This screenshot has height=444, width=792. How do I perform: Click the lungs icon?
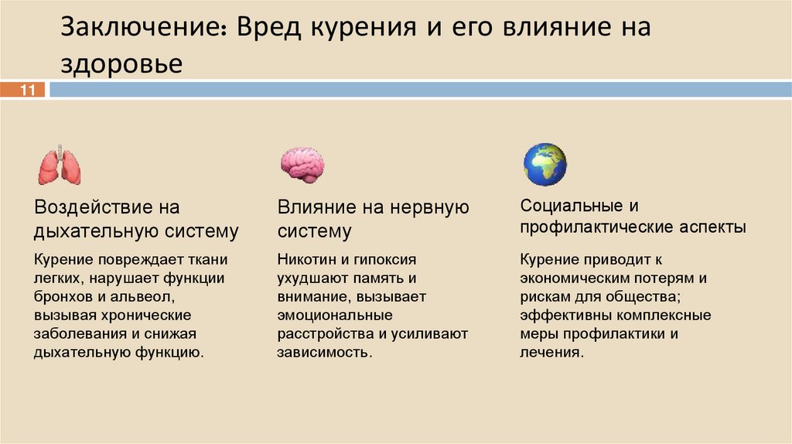tap(60, 164)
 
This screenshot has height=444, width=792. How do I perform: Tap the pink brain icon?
tap(302, 163)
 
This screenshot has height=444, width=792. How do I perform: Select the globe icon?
tap(544, 164)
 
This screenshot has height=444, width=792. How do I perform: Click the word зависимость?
tap(323, 352)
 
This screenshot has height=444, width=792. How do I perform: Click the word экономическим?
tap(578, 278)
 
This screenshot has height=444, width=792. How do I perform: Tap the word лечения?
tap(550, 352)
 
